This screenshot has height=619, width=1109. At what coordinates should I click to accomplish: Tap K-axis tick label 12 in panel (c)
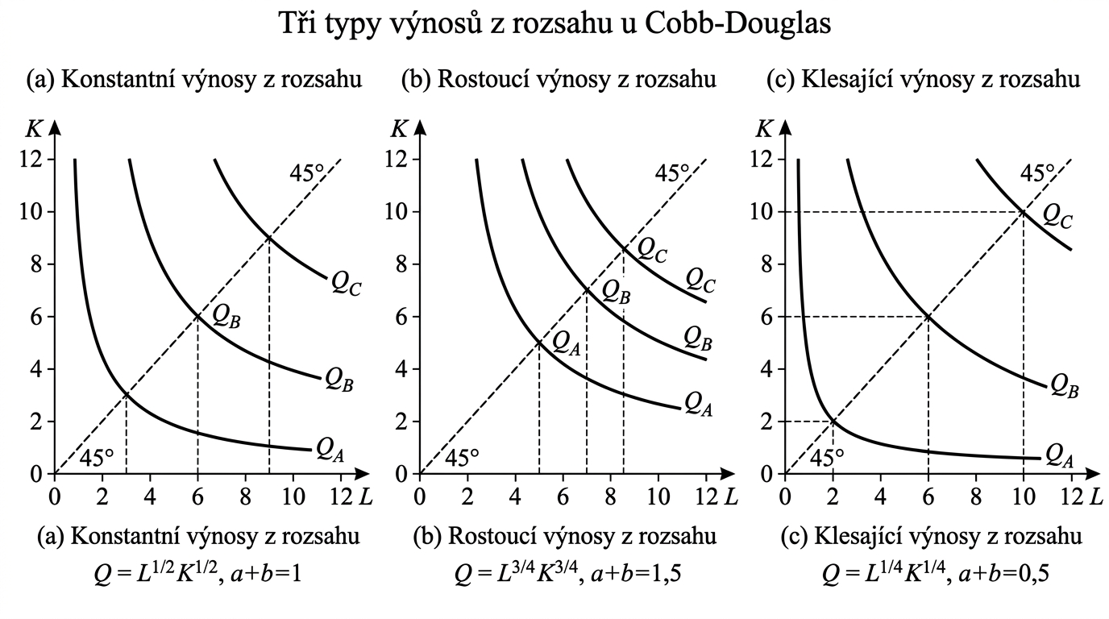(762, 159)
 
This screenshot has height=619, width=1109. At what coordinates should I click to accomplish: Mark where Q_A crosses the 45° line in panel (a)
(127, 395)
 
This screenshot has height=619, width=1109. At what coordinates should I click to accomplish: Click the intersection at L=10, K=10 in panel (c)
(1024, 211)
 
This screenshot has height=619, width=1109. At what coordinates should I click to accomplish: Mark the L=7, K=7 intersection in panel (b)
(586, 289)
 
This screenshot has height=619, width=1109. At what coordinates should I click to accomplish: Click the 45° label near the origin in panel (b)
(462, 458)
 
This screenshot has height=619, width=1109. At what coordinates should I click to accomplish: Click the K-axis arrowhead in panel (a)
(55, 127)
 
